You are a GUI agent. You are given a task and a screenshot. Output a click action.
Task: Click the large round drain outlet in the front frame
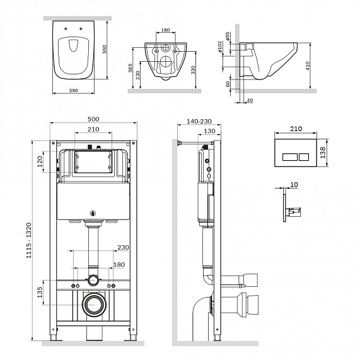coord(95,305)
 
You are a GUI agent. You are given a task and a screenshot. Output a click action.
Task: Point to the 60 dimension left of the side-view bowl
coord(228,83)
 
